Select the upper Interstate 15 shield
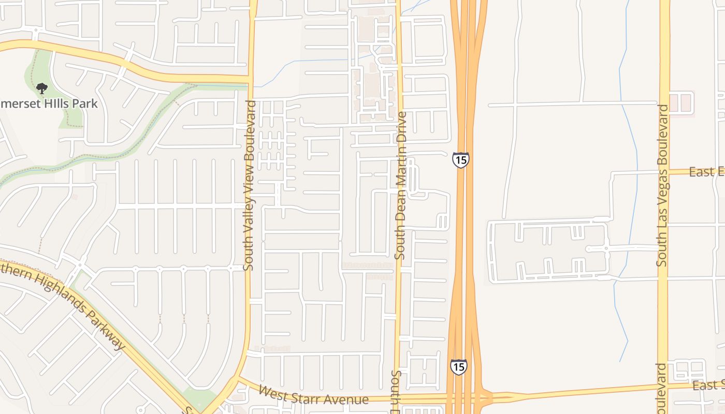[x=460, y=159]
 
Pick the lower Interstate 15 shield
[x=458, y=366]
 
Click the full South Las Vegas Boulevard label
[x=663, y=185]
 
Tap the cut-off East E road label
[x=706, y=172]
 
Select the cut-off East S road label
[x=708, y=385]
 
